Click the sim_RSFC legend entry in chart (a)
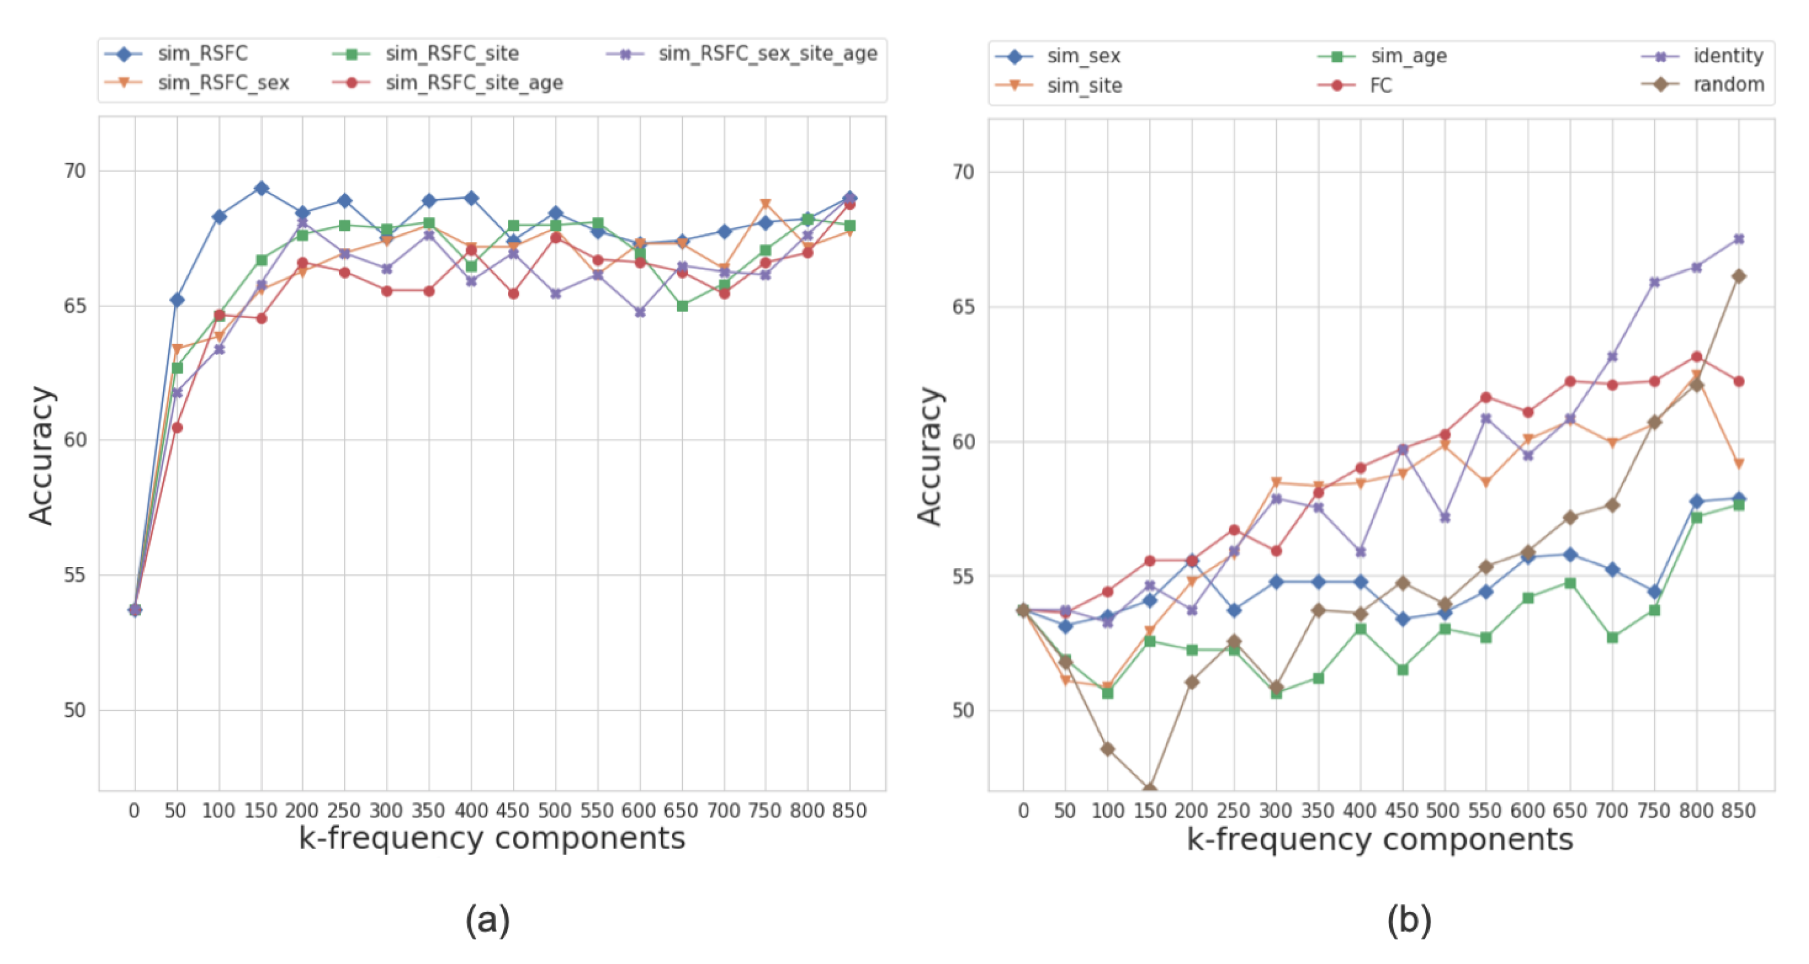[x=202, y=53]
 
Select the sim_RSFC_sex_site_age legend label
[x=767, y=53]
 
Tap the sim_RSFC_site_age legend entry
[x=473, y=83]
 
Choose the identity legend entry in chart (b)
[x=1727, y=56]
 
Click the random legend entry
[x=1728, y=84]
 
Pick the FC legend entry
[x=1380, y=86]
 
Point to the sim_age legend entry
[x=1408, y=56]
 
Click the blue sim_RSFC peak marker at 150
[x=261, y=188]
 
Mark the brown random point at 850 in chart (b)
[x=1739, y=276]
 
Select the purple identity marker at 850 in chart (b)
[x=1739, y=239]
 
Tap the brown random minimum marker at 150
[x=1150, y=789]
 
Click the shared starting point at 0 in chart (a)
[x=135, y=609]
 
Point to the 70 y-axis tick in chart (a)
[x=74, y=171]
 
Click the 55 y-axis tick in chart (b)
[x=963, y=576]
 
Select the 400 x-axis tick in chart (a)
[x=470, y=811]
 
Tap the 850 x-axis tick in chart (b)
[x=1738, y=811]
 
